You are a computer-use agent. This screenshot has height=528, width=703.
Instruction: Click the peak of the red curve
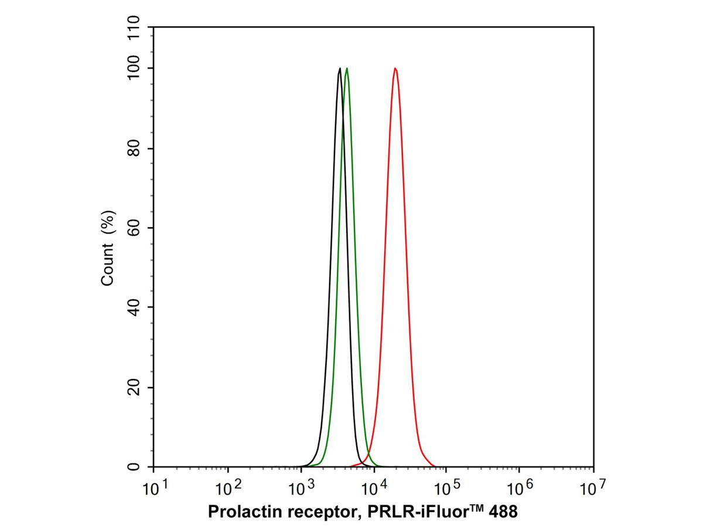pyautogui.click(x=395, y=69)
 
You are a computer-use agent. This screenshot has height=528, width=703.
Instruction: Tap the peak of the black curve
pyautogui.click(x=340, y=69)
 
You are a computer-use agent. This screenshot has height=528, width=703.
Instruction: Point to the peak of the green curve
pyautogui.click(x=347, y=69)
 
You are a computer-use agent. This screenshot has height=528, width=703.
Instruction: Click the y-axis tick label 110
pyautogui.click(x=134, y=28)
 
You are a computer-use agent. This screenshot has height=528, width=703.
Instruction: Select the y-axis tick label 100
pyautogui.click(x=134, y=68)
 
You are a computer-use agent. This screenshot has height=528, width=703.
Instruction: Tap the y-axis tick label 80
pyautogui.click(x=134, y=148)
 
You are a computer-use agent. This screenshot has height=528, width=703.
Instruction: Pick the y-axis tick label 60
pyautogui.click(x=134, y=228)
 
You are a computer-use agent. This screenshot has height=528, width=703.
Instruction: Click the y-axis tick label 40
pyautogui.click(x=134, y=307)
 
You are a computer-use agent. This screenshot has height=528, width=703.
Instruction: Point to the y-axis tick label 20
pyautogui.click(x=134, y=387)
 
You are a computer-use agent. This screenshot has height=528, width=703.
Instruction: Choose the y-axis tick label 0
pyautogui.click(x=134, y=467)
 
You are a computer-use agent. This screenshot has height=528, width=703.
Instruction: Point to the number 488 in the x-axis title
pyautogui.click(x=502, y=512)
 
